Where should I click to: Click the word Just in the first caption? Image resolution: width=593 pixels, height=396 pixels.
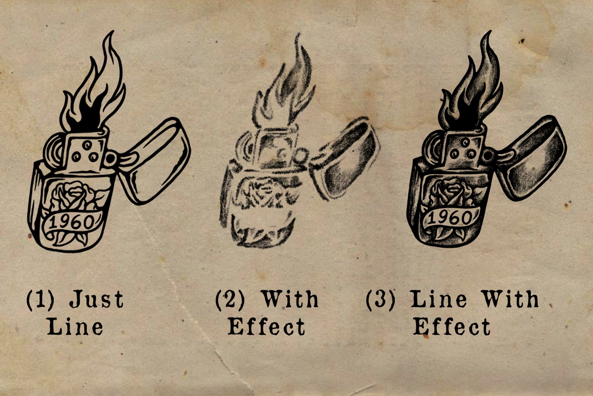97,299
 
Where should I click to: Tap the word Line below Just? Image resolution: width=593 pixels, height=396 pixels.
75,327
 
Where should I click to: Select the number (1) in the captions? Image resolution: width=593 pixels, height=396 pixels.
40,299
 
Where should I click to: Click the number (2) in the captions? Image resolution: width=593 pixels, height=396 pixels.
230,299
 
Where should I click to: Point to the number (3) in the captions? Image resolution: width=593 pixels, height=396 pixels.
380,299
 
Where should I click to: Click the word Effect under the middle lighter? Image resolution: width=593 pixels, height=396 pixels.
266,327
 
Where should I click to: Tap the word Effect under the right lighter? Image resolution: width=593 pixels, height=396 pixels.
452,327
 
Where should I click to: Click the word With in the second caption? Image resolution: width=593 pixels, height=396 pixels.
290,299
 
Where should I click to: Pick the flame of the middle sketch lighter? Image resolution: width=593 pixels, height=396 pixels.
287,88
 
